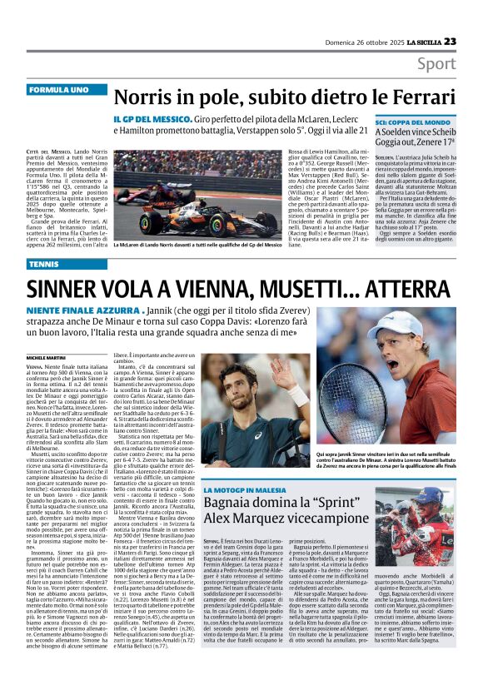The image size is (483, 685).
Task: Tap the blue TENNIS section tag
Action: point(44,264)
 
